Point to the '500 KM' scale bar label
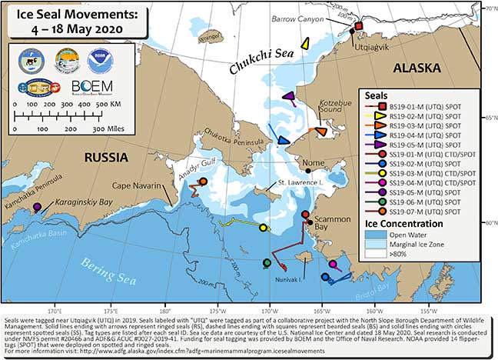click(x=108, y=102)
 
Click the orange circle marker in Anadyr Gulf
click(x=203, y=182)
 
